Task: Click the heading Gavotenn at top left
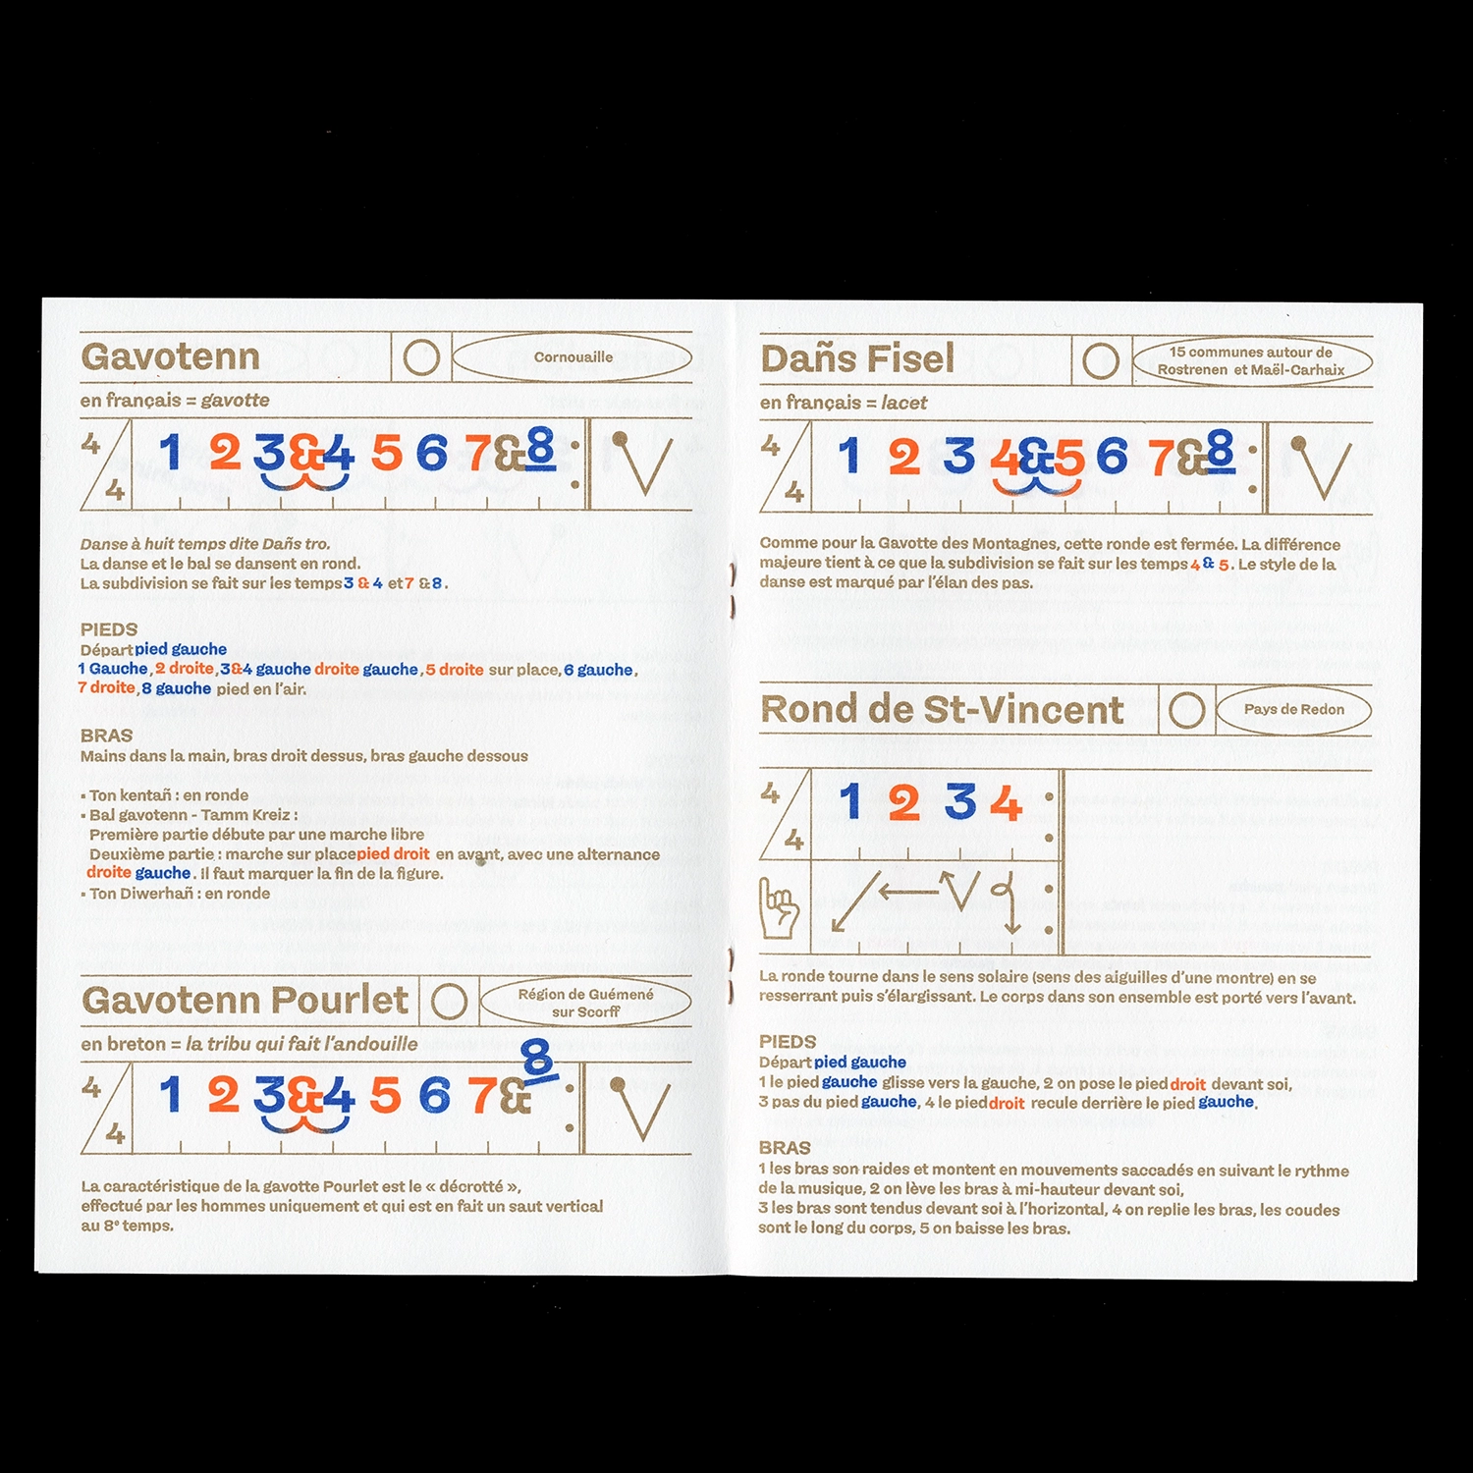click(x=170, y=356)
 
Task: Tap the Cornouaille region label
click(x=573, y=357)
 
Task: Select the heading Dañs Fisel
click(x=857, y=358)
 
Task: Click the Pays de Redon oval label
click(x=1294, y=709)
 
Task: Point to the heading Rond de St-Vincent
click(x=942, y=710)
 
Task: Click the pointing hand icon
click(x=780, y=908)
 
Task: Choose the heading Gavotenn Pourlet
click(x=245, y=1000)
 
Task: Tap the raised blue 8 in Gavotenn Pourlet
click(x=538, y=1061)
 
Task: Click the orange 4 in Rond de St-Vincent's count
click(x=1006, y=802)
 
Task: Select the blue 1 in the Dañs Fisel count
click(x=849, y=457)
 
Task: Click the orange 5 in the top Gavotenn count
click(x=387, y=454)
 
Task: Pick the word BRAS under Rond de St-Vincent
click(x=785, y=1148)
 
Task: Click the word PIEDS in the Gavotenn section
click(x=109, y=629)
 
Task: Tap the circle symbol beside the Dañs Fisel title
click(x=1100, y=361)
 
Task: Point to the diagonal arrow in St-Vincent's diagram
click(x=855, y=901)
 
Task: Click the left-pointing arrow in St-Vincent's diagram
click(x=909, y=893)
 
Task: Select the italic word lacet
click(x=904, y=403)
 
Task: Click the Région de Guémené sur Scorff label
click(x=586, y=1003)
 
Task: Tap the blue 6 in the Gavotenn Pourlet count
click(x=434, y=1096)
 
